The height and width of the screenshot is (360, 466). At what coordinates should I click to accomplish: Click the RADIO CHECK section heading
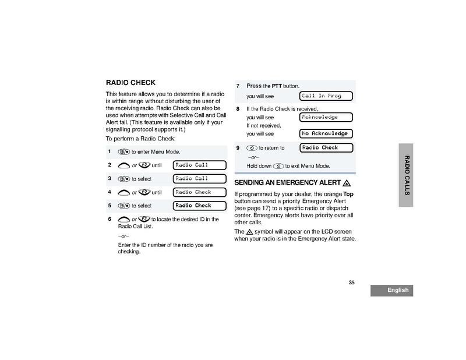[x=130, y=83]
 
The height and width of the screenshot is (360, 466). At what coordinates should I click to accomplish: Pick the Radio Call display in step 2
[x=198, y=165]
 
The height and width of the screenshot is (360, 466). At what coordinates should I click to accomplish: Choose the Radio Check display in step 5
[x=198, y=206]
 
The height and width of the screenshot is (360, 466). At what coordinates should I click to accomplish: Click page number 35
[x=351, y=283]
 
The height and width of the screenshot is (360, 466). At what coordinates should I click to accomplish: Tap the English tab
[x=391, y=290]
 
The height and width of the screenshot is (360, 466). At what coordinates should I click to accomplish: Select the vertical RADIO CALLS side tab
[x=407, y=175]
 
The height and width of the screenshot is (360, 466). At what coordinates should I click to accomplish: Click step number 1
[x=110, y=151]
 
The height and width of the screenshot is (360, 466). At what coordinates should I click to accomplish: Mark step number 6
[x=110, y=219]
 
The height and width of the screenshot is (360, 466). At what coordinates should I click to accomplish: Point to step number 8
[x=238, y=109]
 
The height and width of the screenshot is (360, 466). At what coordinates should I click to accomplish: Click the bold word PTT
[x=277, y=86]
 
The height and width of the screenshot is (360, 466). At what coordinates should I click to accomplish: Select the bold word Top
[x=348, y=193]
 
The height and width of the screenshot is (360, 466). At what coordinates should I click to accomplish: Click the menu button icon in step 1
[x=123, y=152]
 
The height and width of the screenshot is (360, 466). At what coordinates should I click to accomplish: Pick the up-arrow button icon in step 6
[x=123, y=220]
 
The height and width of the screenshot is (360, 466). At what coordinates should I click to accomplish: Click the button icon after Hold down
[x=278, y=166]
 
